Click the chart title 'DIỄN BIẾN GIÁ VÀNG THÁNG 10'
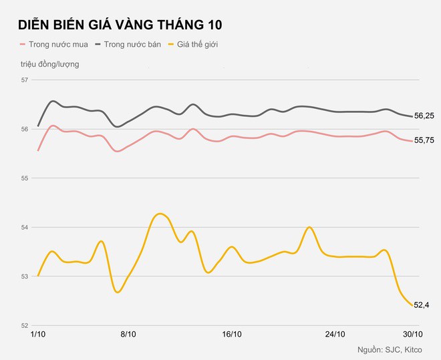click(120, 25)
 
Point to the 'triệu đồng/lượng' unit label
click(49, 64)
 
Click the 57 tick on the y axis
click(26, 80)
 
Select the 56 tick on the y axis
click(26, 129)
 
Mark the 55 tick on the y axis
click(26, 178)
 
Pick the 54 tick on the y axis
click(26, 228)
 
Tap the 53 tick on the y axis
click(26, 277)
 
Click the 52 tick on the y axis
click(26, 325)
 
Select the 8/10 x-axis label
click(128, 334)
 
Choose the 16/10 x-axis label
click(231, 334)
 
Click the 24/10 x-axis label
click(334, 334)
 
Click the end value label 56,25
click(424, 116)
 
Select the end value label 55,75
click(424, 140)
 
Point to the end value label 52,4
click(422, 305)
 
